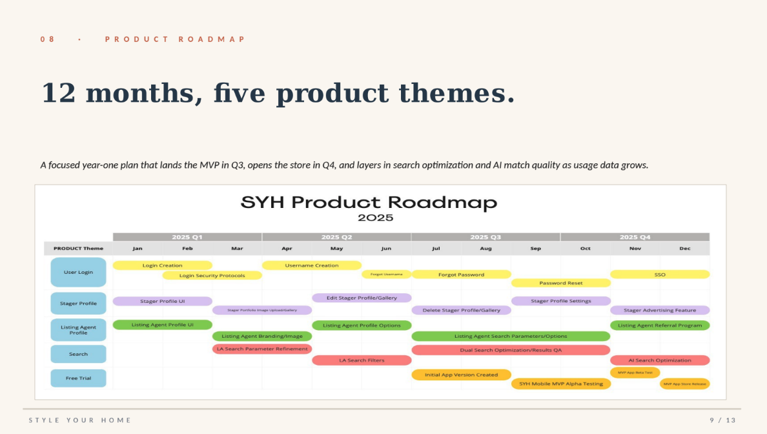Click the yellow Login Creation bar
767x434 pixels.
(x=162, y=265)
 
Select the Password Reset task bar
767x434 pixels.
(x=560, y=283)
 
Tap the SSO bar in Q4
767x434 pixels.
(x=659, y=274)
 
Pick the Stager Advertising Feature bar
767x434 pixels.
(x=659, y=310)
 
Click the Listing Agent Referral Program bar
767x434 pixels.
(x=659, y=325)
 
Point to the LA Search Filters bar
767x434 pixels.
(x=362, y=360)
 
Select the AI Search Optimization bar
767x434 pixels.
(x=659, y=360)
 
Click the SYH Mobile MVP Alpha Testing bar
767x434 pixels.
(x=560, y=384)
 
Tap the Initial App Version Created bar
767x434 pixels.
(x=461, y=375)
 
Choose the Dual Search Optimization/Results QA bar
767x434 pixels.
(x=511, y=350)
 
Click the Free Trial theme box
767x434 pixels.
(x=78, y=378)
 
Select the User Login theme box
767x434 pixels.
(x=78, y=272)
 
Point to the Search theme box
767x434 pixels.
(x=78, y=354)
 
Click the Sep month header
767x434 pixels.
(x=535, y=249)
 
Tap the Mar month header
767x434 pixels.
(x=237, y=249)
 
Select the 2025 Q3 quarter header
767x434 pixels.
(x=486, y=237)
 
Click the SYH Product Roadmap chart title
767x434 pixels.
(x=369, y=203)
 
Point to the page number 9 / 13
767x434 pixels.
(x=722, y=420)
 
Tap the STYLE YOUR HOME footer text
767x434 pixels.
(x=80, y=420)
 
